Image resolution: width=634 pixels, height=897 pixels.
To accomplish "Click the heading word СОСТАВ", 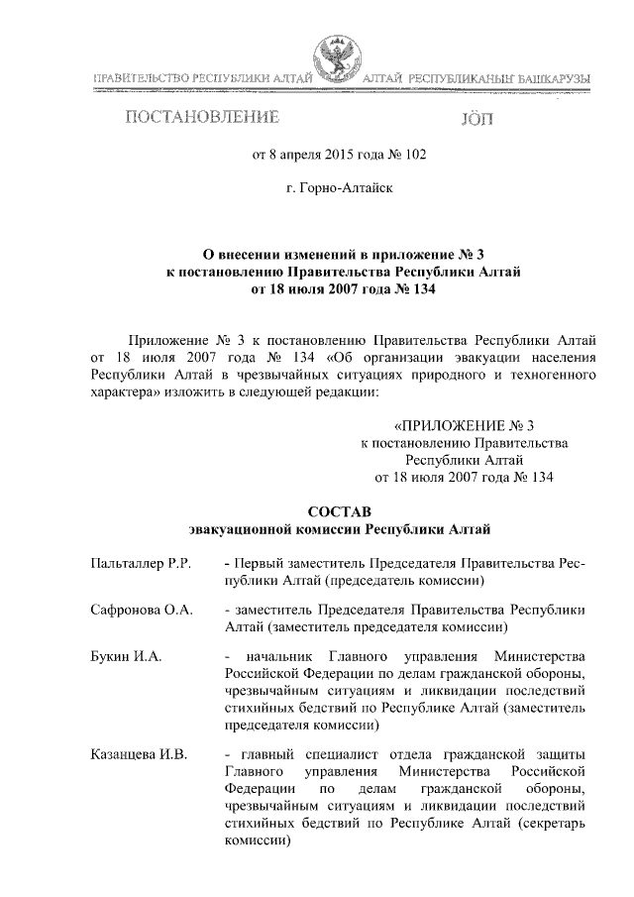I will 339,511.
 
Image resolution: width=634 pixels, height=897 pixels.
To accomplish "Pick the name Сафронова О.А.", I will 141,609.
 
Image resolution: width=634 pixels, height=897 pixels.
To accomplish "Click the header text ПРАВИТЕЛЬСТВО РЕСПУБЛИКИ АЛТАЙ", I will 202,78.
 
